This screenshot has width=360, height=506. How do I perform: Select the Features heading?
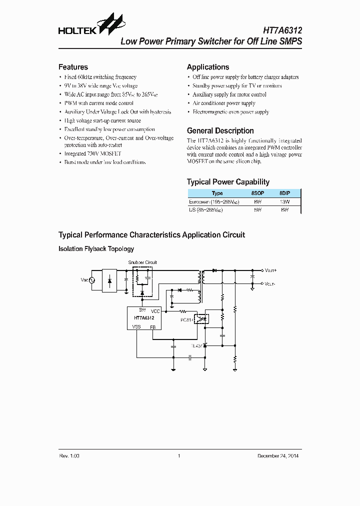coord(73,67)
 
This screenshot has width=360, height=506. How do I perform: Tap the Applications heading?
coord(208,67)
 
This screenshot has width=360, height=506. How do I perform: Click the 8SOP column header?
coord(257,193)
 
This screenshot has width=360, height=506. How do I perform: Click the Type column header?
coord(217,193)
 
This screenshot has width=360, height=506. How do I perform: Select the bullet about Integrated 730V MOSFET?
coord(92,154)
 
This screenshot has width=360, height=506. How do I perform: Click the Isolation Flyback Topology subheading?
coord(96,248)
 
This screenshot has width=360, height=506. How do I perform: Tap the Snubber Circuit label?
coord(142,262)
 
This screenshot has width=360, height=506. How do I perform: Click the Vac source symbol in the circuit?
coord(92,280)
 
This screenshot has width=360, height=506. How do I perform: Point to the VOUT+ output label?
coord(271,270)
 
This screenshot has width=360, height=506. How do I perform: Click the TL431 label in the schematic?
coord(197,345)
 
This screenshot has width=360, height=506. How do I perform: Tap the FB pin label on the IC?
coord(152,326)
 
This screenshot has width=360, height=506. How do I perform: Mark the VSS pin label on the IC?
coord(136,326)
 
